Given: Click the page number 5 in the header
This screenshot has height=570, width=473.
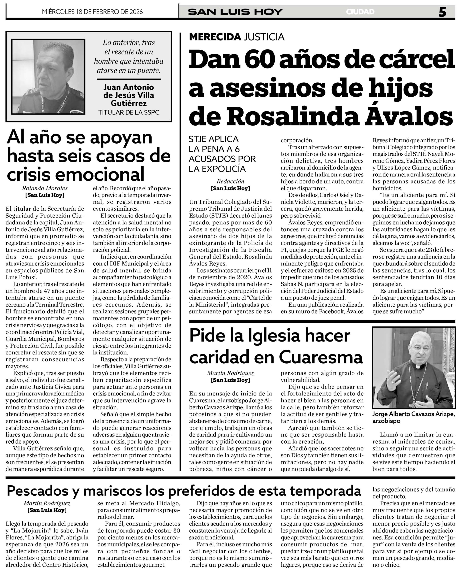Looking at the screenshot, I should (442, 12).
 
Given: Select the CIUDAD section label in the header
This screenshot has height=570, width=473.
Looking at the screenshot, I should (360, 12).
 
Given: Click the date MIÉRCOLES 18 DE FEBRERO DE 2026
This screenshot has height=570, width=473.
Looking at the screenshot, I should (92, 12).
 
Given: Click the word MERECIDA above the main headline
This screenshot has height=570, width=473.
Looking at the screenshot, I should (215, 37).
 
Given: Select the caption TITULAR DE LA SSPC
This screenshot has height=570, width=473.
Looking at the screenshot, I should (129, 112).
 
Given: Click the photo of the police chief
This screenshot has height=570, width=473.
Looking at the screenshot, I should (48, 77).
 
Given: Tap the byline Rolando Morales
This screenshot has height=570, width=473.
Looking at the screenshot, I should (45, 188).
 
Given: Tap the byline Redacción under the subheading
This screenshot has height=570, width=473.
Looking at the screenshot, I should (230, 181).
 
